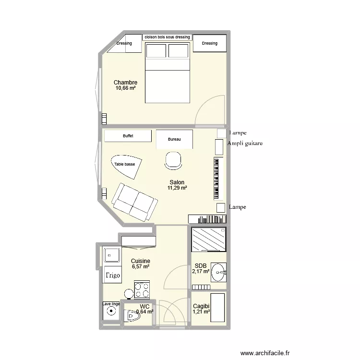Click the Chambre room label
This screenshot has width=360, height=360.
tap(125, 83)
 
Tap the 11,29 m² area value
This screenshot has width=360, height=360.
tap(177, 188)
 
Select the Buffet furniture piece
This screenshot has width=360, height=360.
tap(128, 136)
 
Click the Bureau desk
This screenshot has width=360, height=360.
tap(174, 139)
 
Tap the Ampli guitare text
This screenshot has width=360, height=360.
tap(245, 144)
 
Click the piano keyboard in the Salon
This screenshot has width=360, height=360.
tap(218, 178)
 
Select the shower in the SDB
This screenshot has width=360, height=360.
tap(208, 239)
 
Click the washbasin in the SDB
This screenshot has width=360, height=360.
tap(218, 273)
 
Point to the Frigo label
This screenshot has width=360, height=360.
tap(113, 276)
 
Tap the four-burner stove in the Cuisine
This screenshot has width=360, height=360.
tap(143, 289)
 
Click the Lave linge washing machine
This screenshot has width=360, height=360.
tap(111, 312)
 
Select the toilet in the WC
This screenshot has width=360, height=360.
tap(130, 315)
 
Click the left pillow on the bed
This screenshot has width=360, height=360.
tap(156, 50)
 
